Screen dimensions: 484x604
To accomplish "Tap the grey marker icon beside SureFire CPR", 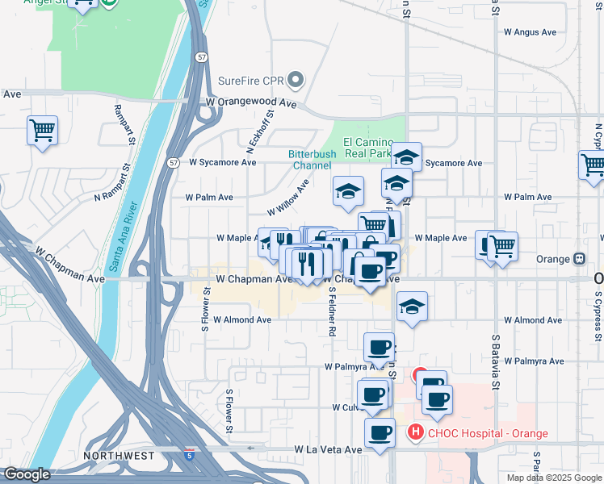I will click(296, 80).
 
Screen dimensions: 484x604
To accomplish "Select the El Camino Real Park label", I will click(367, 146).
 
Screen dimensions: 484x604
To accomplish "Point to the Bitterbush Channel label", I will click(310, 160).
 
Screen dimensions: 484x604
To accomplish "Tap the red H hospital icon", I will click(415, 432).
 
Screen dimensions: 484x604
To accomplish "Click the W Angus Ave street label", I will click(531, 32).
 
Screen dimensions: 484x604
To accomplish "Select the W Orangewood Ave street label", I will click(251, 103).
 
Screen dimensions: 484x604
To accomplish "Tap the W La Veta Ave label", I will click(328, 449).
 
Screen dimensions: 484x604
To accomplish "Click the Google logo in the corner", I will click(27, 474).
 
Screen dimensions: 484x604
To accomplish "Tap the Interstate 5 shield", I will click(189, 454).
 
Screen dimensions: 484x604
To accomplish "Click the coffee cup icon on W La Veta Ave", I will click(380, 432).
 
